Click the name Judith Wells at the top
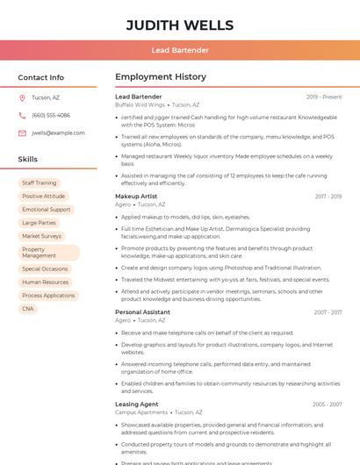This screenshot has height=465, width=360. (180, 25)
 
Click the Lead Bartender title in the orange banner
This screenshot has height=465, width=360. (180, 51)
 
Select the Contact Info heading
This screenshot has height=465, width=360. (41, 77)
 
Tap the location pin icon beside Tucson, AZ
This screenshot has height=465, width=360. (22, 97)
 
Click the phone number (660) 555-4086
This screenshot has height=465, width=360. (51, 115)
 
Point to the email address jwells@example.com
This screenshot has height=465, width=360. (58, 133)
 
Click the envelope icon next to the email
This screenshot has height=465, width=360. (22, 133)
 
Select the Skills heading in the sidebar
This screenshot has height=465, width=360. (28, 160)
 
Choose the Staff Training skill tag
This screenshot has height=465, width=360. (40, 183)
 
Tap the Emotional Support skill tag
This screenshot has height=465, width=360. (47, 210)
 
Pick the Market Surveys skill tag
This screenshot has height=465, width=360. (42, 236)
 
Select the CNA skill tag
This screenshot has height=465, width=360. (28, 309)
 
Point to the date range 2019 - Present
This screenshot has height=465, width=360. (324, 97)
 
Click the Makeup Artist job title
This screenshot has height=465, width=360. (136, 197)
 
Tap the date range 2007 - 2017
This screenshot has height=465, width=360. (328, 312)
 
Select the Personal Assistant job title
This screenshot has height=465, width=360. (142, 312)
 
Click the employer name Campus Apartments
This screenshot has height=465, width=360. (141, 411)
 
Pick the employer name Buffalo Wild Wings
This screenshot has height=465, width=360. (140, 104)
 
